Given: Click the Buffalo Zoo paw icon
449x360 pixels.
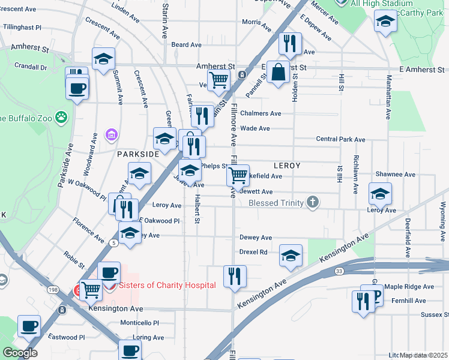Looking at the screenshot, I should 61,116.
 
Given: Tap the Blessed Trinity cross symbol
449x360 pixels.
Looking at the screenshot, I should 312,202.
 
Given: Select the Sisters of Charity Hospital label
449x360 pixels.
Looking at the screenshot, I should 167,286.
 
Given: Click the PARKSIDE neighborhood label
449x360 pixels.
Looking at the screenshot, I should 138,154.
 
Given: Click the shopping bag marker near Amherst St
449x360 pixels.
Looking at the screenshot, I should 278,73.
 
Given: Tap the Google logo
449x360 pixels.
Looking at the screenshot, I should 20,353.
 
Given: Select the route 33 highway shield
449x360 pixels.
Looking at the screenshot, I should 340,271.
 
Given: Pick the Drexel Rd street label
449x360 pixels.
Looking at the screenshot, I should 253,252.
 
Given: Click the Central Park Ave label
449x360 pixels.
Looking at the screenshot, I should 341,140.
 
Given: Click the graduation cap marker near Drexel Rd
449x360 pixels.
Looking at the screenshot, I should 291,256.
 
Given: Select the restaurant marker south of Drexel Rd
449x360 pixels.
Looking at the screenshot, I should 234,277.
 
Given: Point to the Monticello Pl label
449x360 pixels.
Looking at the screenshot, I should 139,322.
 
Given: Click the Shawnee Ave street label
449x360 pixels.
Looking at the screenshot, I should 396,175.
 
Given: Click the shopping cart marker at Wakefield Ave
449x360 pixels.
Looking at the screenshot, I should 238,176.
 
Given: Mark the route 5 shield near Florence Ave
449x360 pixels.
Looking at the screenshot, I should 113,242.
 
